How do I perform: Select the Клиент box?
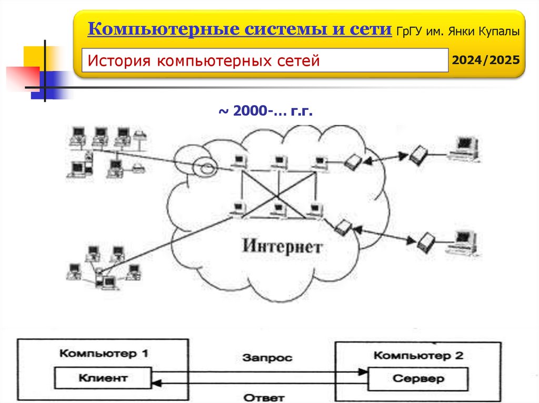103,377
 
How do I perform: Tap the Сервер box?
418,378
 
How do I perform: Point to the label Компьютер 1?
103,353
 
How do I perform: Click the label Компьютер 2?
418,355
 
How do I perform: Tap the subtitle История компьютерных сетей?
204,61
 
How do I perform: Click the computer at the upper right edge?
464,147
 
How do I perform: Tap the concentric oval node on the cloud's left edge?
205,168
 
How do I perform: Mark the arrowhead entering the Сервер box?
363,372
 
